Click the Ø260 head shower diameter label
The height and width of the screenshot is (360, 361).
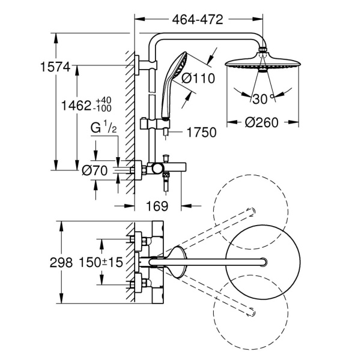pyautogui.click(x=262, y=122)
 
